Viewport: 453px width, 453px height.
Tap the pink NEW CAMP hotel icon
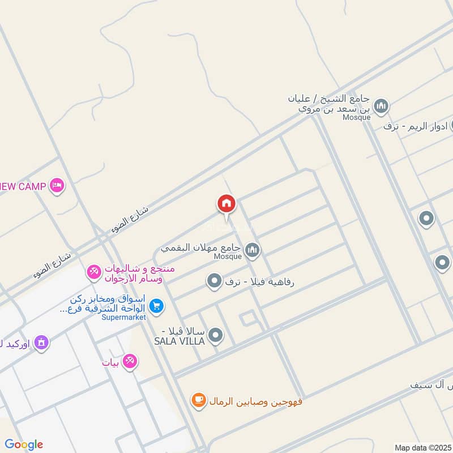[57, 186]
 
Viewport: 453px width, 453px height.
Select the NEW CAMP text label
[24, 186]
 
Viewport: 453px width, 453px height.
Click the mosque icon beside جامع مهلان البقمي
[252, 249]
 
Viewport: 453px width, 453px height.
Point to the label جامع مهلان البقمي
[202, 248]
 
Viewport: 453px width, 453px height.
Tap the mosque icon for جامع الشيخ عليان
[382, 106]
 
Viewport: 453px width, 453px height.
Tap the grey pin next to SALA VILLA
[215, 336]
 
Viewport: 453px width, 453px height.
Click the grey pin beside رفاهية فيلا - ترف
[214, 280]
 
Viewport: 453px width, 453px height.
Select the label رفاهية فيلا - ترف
[261, 281]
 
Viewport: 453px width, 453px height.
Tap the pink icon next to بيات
[130, 361]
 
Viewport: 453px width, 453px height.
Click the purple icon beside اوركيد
[41, 342]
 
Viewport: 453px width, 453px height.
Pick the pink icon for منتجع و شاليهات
[94, 272]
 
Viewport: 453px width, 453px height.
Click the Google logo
[24, 445]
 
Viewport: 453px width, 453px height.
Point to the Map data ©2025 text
[422, 447]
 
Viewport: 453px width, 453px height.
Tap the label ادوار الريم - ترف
[416, 126]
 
